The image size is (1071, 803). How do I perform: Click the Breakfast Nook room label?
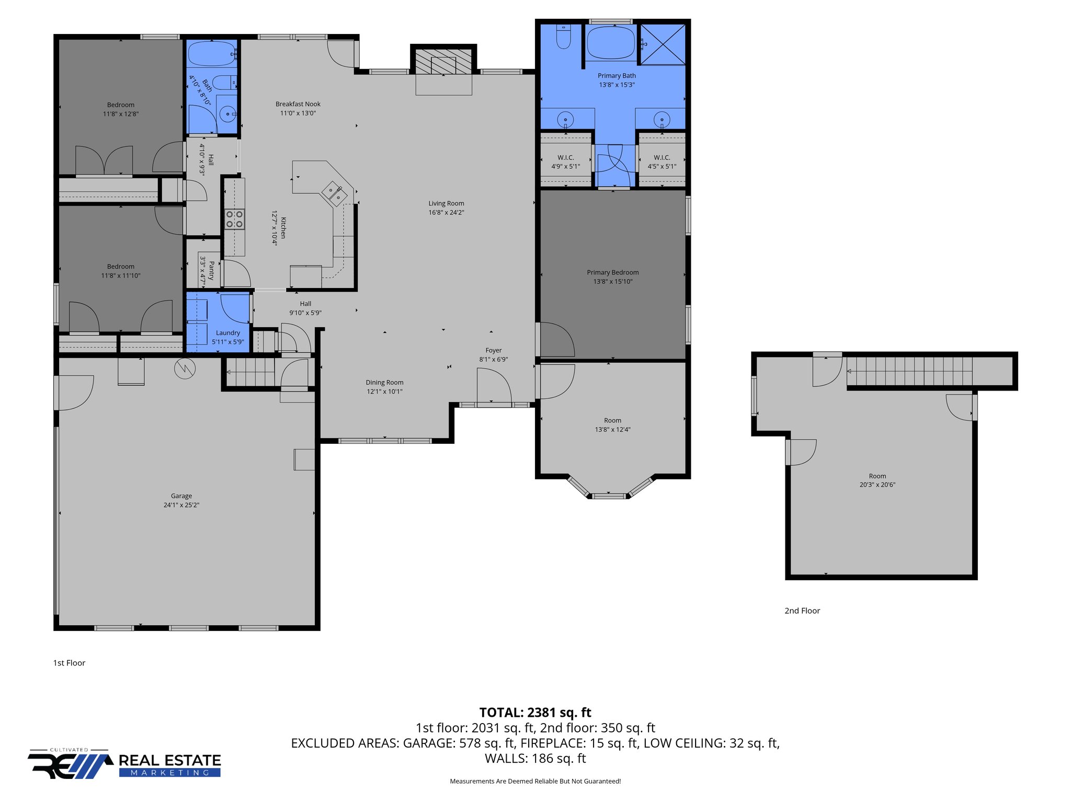(x=298, y=104)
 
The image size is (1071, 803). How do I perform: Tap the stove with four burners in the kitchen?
(x=234, y=219)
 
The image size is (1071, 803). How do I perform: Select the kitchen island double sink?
(x=334, y=192)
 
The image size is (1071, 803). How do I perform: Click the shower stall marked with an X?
(x=663, y=44)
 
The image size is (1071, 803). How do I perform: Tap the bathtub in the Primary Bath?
(x=610, y=43)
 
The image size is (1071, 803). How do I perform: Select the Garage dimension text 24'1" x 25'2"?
(x=181, y=505)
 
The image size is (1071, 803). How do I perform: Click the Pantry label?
(x=211, y=271)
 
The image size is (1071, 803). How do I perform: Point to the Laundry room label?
(x=228, y=332)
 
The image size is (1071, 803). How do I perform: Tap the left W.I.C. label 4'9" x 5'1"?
(x=565, y=166)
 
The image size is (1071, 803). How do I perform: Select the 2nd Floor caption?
(x=802, y=611)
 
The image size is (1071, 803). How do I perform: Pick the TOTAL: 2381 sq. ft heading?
(x=535, y=713)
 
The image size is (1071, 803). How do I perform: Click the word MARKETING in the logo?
(x=169, y=773)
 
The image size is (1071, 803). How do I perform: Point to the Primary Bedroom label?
(x=612, y=272)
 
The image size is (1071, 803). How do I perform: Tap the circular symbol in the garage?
(x=185, y=369)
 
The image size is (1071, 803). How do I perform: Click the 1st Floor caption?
(x=69, y=663)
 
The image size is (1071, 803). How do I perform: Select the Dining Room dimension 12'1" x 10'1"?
(x=384, y=392)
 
